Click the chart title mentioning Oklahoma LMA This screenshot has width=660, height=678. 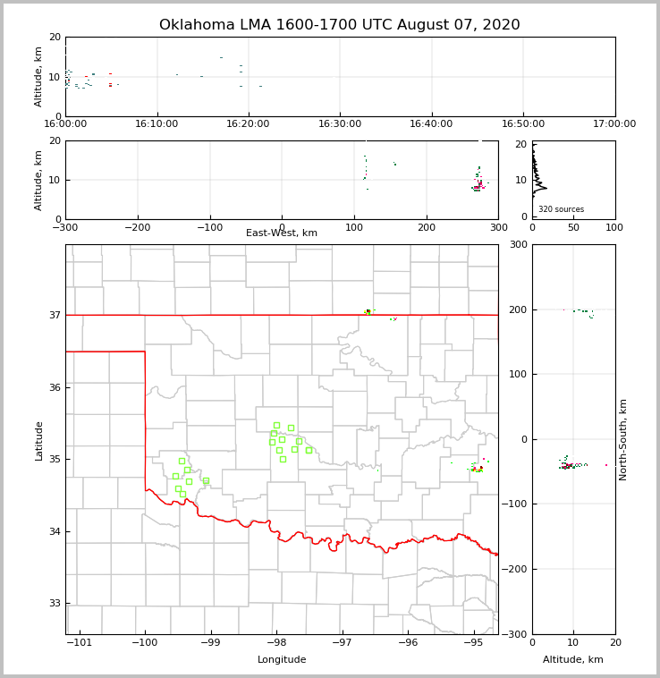(339, 25)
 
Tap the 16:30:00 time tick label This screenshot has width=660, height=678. (340, 123)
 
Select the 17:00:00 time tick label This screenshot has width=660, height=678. (614, 123)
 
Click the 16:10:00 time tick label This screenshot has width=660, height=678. (157, 123)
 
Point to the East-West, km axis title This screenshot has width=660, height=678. (282, 233)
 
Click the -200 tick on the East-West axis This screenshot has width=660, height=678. (137, 227)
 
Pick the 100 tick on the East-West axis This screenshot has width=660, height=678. (355, 227)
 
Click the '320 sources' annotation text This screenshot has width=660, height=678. (561, 209)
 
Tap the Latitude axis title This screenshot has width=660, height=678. (39, 440)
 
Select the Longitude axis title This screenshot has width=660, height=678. (282, 660)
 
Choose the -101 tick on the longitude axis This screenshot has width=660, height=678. (80, 642)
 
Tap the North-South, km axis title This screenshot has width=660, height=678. (623, 439)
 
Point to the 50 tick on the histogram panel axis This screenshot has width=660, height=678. (573, 227)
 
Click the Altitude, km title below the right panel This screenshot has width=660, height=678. (573, 660)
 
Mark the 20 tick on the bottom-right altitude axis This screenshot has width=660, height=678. (614, 642)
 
